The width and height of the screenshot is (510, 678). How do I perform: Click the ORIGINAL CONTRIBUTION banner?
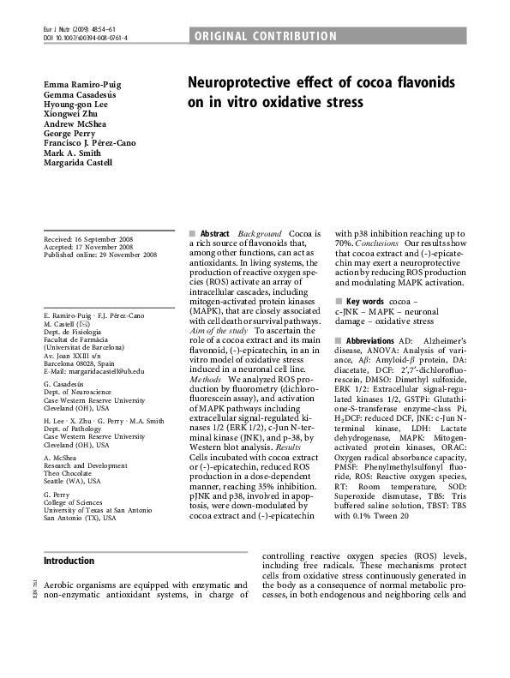click(266, 36)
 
